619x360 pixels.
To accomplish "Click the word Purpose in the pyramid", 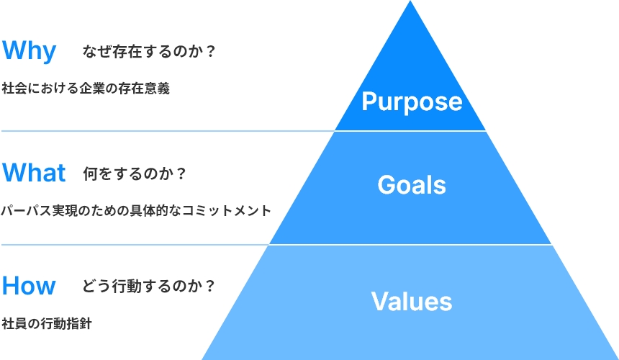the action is pos(412,102).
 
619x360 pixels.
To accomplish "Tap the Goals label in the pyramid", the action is pos(412,185).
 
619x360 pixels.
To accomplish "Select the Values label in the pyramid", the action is pos(412,301).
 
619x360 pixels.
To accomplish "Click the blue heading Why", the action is pos(30,51).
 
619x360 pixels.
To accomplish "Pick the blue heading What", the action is pos(34,173).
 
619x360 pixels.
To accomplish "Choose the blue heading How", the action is pos(29,285).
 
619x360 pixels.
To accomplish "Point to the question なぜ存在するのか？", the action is pos(149,51).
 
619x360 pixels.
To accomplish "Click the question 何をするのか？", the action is pos(134,174).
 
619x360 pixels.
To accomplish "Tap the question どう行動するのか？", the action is pos(148,286).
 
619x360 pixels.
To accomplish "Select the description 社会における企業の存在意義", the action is pos(86,88).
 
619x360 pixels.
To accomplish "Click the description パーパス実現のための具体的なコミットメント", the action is pos(136,210).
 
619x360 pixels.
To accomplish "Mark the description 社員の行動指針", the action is pos(47,323).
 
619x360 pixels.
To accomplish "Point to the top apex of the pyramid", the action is pos(410,1).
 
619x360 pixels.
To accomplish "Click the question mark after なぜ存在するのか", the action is pos(210,51).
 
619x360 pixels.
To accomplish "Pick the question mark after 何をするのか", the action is pos(181,174).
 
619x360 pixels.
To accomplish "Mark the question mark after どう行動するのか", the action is pos(210,286).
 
